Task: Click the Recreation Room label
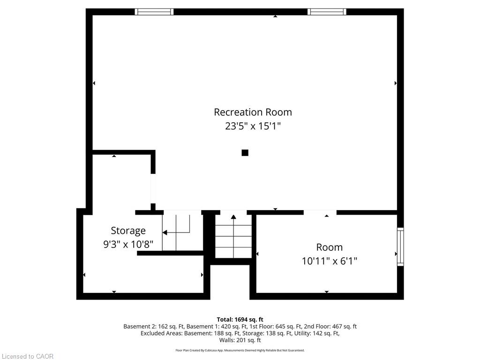(x=253, y=112)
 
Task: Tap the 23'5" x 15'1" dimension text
(x=253, y=126)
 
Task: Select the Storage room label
(x=128, y=231)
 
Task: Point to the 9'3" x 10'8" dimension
(x=128, y=244)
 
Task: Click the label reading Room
(x=330, y=247)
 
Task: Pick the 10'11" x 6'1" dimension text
(x=330, y=261)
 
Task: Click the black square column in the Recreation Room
(x=245, y=152)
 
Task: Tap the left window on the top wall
(x=154, y=12)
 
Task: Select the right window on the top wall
(x=327, y=12)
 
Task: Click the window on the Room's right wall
(x=400, y=247)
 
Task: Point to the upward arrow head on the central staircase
(x=233, y=217)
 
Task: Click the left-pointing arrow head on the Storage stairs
(x=165, y=232)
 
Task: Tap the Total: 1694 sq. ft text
(x=240, y=320)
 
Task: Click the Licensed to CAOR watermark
(x=28, y=356)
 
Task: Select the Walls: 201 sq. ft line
(x=240, y=340)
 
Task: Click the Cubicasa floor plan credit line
(x=240, y=350)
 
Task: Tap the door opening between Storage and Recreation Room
(x=153, y=188)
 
